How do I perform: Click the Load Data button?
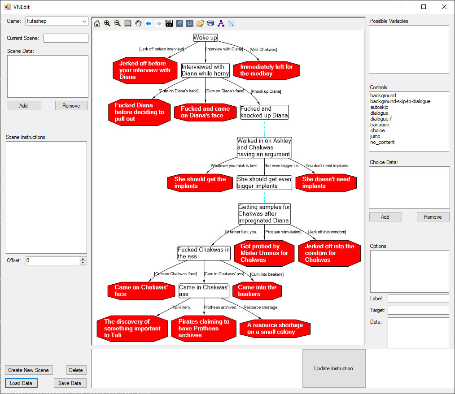pos(21,383)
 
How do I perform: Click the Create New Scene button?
pos(28,370)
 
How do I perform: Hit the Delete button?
pos(76,370)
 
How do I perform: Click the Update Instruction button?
pos(333,368)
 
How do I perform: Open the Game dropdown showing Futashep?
pos(57,21)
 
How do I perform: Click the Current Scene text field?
pos(66,38)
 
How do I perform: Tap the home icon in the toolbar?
pos(97,23)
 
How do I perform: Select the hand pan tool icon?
pos(138,23)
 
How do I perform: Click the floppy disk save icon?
pos(169,23)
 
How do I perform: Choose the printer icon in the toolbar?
pos(210,23)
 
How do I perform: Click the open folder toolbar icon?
pos(200,23)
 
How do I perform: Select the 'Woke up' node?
pos(205,38)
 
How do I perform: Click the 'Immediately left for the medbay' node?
pos(267,70)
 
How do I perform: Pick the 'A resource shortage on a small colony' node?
pos(275,329)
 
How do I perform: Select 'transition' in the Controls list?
pos(380,125)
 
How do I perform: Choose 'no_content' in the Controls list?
pos(382,142)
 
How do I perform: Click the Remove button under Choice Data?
pos(433,217)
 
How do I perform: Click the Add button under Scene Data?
pos(24,106)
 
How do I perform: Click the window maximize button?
pos(424,7)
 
